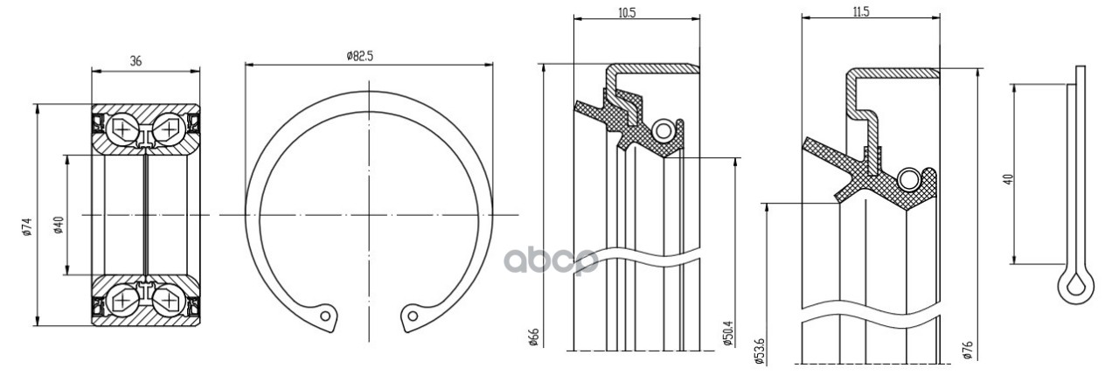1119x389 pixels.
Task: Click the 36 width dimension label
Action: coord(136,61)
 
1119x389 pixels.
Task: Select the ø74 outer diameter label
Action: coord(27,226)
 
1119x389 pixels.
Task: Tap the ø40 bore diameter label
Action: coord(58,225)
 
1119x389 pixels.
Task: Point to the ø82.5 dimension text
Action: coord(359,55)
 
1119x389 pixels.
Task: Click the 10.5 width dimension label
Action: coord(627,12)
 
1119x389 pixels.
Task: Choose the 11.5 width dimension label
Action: coord(861,11)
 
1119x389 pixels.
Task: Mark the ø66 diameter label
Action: coord(533,337)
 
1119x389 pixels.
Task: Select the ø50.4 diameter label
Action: coord(727,334)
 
